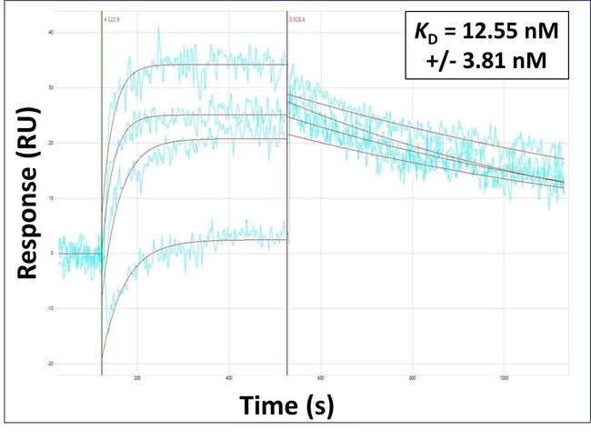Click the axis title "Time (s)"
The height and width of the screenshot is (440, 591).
pyautogui.click(x=286, y=406)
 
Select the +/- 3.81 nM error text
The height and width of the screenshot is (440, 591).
pyautogui.click(x=488, y=62)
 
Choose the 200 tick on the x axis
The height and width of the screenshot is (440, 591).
pyautogui.click(x=137, y=380)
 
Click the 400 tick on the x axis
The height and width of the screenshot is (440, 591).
pyautogui.click(x=229, y=380)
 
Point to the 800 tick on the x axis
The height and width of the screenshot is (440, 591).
pyautogui.click(x=413, y=380)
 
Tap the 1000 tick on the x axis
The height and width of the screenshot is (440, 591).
pyautogui.click(x=505, y=380)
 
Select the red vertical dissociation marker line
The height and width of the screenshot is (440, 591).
pyautogui.click(x=287, y=227)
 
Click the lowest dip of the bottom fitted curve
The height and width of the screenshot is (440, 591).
pyautogui.click(x=103, y=357)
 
